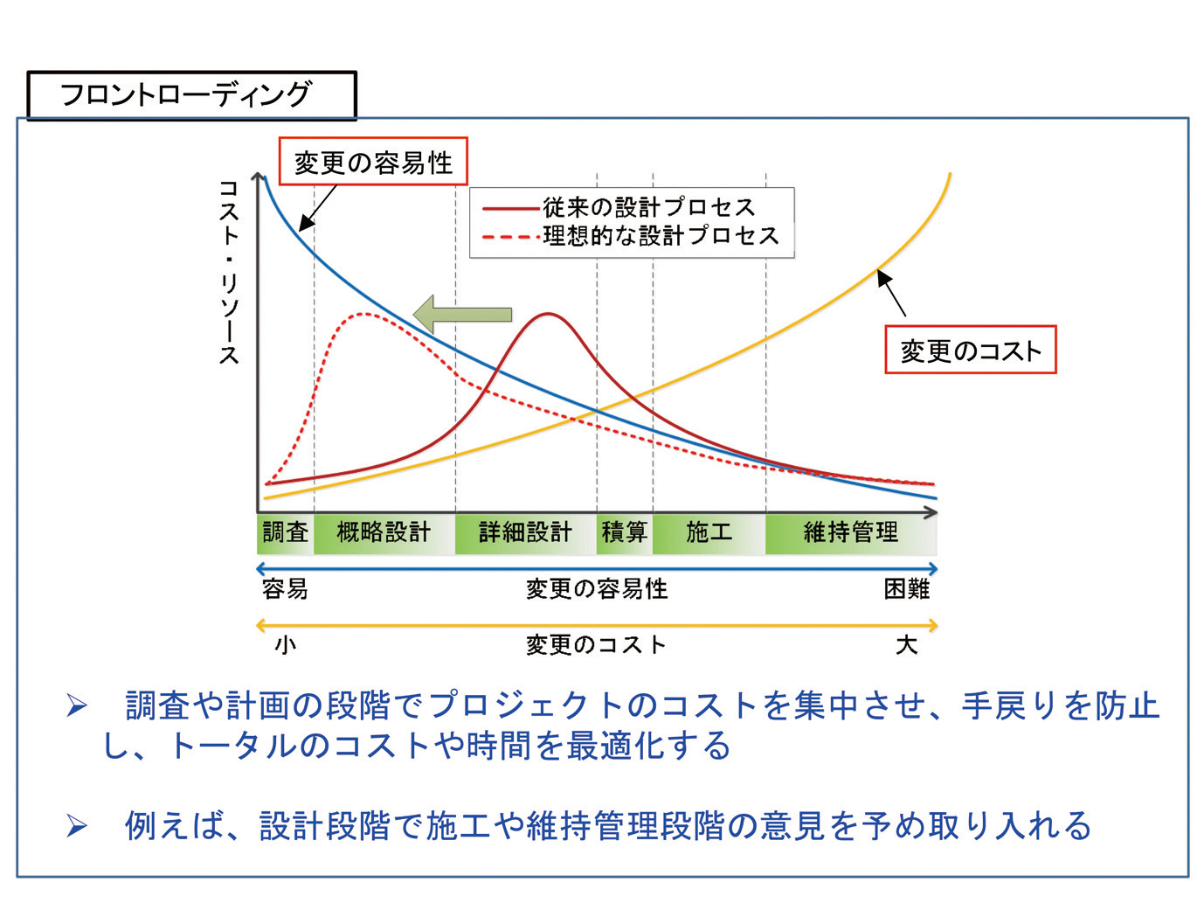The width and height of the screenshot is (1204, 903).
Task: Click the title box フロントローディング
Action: click(x=191, y=94)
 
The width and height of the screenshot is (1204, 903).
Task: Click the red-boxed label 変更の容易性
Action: click(x=373, y=163)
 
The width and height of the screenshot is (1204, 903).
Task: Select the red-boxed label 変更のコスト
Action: click(x=970, y=351)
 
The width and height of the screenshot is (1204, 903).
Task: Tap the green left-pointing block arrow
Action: click(x=462, y=315)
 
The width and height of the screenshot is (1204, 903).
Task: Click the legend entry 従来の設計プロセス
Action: click(x=648, y=207)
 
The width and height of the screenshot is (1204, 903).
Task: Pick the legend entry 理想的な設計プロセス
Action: click(x=661, y=236)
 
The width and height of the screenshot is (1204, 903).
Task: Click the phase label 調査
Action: click(x=286, y=532)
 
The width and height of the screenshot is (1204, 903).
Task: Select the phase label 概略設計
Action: click(x=384, y=532)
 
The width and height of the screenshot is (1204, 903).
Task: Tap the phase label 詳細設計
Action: click(x=525, y=532)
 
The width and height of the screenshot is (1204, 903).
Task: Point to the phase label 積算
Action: click(x=624, y=532)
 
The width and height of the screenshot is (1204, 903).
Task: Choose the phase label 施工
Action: click(x=709, y=532)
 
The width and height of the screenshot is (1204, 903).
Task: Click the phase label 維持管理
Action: click(x=850, y=532)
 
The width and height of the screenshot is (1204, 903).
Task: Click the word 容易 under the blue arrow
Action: click(x=285, y=589)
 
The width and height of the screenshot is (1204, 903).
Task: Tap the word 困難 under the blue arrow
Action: click(x=906, y=589)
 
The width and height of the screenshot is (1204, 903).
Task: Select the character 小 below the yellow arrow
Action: click(x=286, y=645)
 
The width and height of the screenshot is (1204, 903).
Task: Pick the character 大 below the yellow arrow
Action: click(x=906, y=645)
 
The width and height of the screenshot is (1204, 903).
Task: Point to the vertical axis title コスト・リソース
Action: click(x=229, y=272)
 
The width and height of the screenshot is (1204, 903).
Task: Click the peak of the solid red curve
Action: click(x=548, y=314)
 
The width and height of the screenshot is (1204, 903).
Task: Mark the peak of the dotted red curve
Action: click(x=363, y=314)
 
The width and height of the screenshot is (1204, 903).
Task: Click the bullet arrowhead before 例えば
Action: click(x=77, y=825)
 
